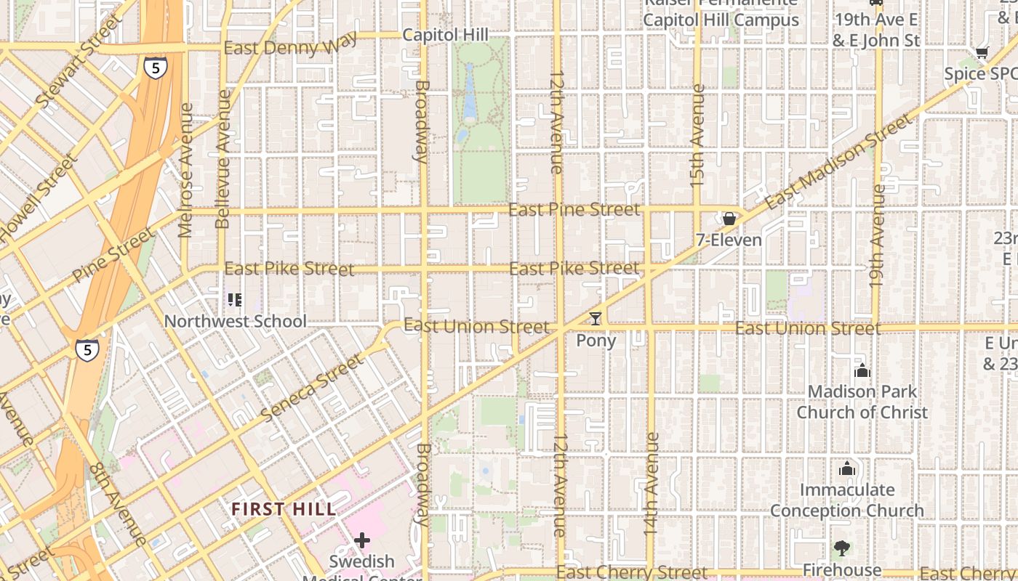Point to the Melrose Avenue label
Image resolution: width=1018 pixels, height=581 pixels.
(x=186, y=170)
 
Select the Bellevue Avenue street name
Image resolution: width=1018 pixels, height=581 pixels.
(x=223, y=159)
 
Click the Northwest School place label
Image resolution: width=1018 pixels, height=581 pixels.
(x=235, y=321)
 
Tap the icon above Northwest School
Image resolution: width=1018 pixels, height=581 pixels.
(x=235, y=299)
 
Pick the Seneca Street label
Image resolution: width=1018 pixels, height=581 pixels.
(x=312, y=388)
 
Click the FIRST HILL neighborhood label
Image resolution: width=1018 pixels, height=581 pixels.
(x=284, y=509)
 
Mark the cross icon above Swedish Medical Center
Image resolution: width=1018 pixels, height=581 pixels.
(x=362, y=540)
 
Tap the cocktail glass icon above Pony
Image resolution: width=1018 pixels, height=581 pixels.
(x=596, y=318)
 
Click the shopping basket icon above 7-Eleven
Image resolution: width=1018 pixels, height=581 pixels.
(x=729, y=219)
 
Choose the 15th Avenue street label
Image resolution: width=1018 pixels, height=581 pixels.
(x=698, y=136)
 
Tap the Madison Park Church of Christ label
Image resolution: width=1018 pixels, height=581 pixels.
(x=862, y=402)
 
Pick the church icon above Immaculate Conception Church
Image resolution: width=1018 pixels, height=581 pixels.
(x=846, y=469)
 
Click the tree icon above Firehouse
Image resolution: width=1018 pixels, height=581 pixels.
(x=841, y=548)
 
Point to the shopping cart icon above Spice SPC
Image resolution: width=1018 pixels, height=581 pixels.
(x=982, y=52)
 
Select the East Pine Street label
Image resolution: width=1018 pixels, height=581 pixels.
(x=574, y=210)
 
